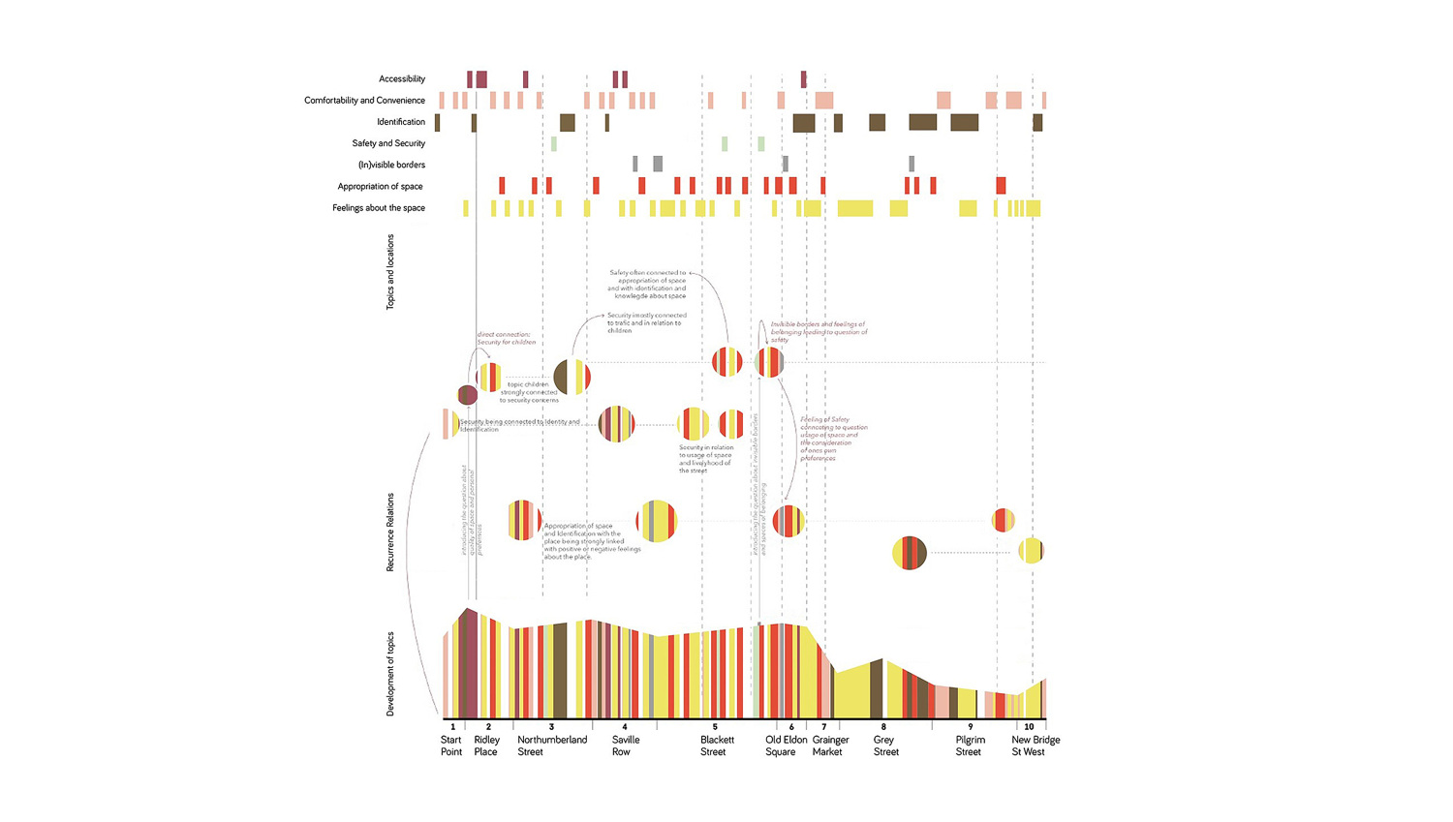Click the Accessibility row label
(x=401, y=79)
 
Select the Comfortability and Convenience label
(x=364, y=101)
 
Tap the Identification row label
(x=400, y=122)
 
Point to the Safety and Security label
(x=387, y=143)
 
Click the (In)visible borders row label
(x=391, y=165)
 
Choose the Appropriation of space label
(x=380, y=186)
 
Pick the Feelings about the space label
(x=378, y=207)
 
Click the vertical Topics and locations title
(x=390, y=272)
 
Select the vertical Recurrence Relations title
(x=390, y=532)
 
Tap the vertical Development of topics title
(x=390, y=674)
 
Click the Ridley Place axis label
(x=486, y=746)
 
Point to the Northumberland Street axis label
(x=551, y=746)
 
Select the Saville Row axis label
(x=625, y=746)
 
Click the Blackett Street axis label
(x=717, y=746)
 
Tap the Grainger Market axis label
(x=829, y=746)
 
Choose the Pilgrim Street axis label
(x=970, y=746)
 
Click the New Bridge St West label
(x=1035, y=746)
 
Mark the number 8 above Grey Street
(x=883, y=727)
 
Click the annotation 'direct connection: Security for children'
(x=506, y=338)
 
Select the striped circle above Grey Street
(x=909, y=553)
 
